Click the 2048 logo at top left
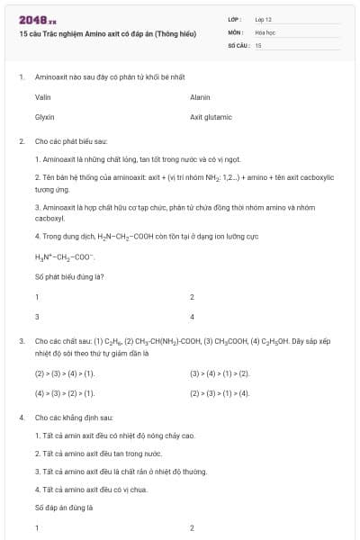37,19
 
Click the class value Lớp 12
263,18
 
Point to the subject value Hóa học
265,31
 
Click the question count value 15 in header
258,44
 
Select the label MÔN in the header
235,31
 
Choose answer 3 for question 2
37,317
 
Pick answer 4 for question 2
192,317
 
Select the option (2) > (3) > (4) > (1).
64,373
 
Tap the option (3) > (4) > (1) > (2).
220,373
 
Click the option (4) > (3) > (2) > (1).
64,393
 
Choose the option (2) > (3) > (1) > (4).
220,393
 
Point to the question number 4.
21,418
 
